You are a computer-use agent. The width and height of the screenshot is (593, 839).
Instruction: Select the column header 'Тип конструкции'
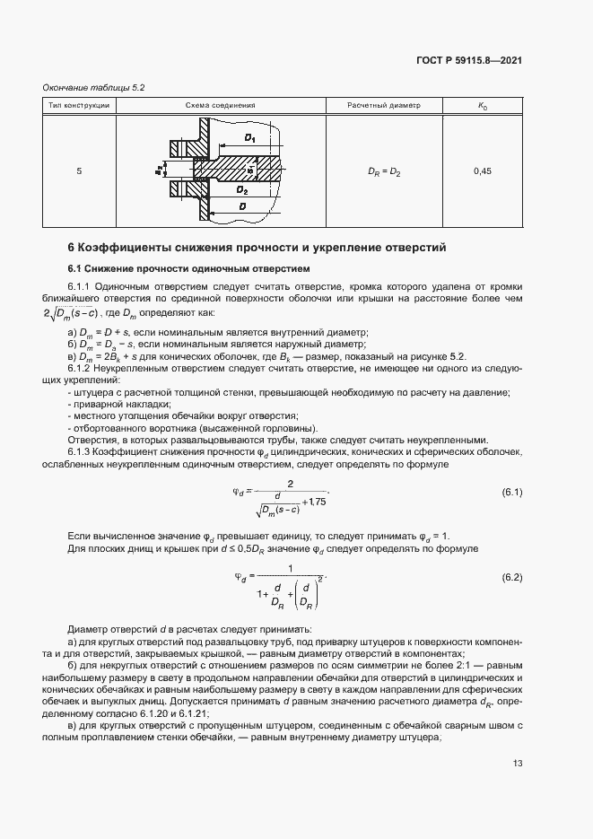pyautogui.click(x=79, y=106)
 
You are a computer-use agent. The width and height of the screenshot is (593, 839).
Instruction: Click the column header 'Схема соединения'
pyautogui.click(x=221, y=106)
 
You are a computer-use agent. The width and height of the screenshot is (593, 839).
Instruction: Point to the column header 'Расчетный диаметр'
pyautogui.click(x=383, y=106)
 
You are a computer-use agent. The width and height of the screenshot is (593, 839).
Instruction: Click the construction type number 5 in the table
pyautogui.click(x=79, y=170)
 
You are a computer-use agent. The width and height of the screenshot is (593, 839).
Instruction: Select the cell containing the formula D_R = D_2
pyautogui.click(x=383, y=170)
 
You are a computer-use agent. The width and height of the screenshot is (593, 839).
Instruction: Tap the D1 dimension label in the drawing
pyautogui.click(x=249, y=139)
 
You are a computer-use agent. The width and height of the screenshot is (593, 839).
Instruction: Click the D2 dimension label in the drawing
pyautogui.click(x=241, y=190)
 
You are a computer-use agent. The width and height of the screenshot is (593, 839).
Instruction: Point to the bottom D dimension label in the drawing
pyautogui.click(x=243, y=207)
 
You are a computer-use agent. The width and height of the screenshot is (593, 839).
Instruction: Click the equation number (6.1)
pyautogui.click(x=511, y=494)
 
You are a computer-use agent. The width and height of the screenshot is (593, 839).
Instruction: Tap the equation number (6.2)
pyautogui.click(x=511, y=576)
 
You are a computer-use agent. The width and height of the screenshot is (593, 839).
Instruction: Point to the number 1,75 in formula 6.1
pyautogui.click(x=316, y=502)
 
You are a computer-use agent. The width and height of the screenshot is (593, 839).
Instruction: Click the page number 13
pyautogui.click(x=518, y=764)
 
